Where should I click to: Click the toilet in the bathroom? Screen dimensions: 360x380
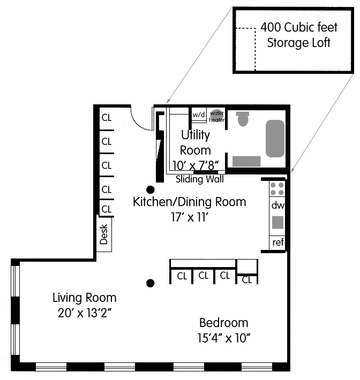point(243,119)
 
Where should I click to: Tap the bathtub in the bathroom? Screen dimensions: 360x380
point(275,139)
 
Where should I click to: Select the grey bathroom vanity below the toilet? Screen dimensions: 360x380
point(246,161)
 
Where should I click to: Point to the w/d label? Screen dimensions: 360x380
point(199,115)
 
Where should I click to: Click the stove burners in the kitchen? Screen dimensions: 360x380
point(277,189)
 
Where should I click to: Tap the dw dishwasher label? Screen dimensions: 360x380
point(277,206)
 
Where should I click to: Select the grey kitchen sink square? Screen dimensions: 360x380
point(277,222)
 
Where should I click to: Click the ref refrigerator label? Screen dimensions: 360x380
point(278,242)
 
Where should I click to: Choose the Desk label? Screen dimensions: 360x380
point(104,234)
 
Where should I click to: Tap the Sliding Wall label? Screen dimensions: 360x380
point(200,179)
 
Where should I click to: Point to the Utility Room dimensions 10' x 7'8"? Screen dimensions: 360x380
point(196,166)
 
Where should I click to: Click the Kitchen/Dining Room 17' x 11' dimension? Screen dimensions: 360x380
point(190,217)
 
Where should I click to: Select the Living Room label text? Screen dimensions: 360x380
point(85,298)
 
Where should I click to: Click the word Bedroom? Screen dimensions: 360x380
point(224,323)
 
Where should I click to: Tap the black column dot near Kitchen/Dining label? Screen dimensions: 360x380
point(151,189)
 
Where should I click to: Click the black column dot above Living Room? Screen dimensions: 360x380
point(151,283)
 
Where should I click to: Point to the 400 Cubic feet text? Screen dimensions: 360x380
point(299,27)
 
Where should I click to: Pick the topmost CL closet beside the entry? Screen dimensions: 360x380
point(107,118)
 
